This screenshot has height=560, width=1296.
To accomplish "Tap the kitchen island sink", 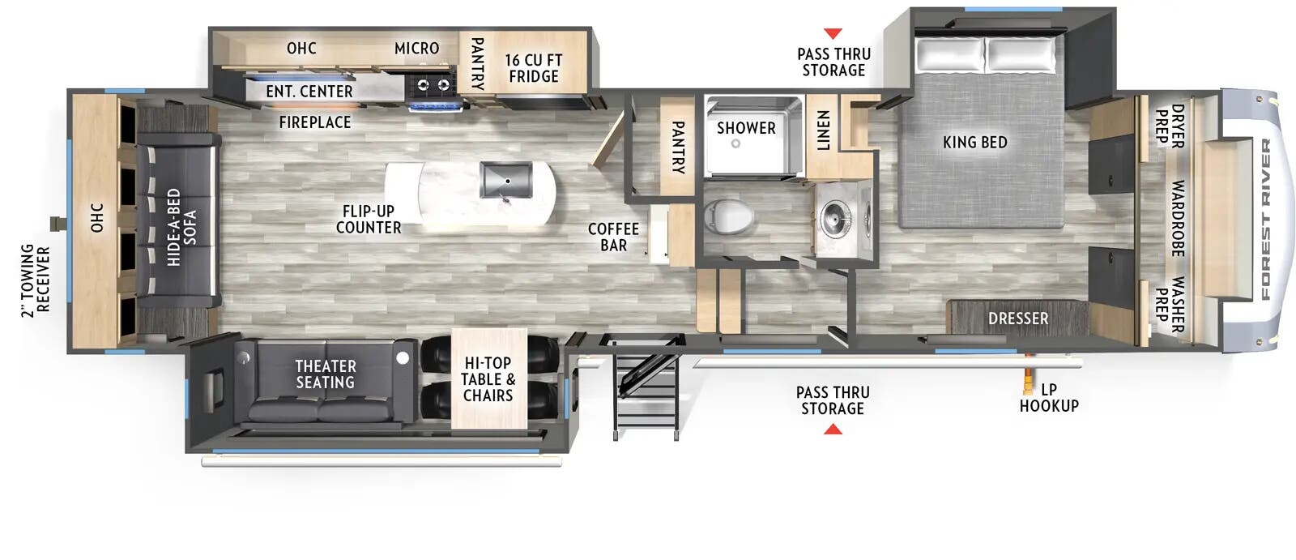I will pyautogui.click(x=505, y=179).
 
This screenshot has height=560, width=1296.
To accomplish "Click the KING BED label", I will pyautogui.click(x=974, y=143).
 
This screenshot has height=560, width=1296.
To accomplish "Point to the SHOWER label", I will pyautogui.click(x=746, y=128).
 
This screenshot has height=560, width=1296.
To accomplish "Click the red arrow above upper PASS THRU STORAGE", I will pyautogui.click(x=833, y=34).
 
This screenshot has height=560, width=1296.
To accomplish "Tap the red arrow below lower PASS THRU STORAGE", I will pyautogui.click(x=833, y=429).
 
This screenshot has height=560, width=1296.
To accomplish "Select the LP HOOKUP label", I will pyautogui.click(x=1049, y=397).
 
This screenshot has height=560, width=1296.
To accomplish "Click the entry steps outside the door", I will pyautogui.click(x=646, y=389).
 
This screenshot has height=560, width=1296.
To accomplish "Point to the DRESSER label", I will pyautogui.click(x=1017, y=318).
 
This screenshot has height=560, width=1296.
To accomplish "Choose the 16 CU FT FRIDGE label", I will pyautogui.click(x=533, y=68).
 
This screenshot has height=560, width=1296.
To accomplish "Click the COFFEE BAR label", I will pyautogui.click(x=613, y=237).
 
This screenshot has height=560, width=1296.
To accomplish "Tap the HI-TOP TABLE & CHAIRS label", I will pyautogui.click(x=488, y=379).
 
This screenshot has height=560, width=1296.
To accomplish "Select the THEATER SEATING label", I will pyautogui.click(x=325, y=374).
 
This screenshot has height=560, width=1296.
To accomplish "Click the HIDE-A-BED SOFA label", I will pyautogui.click(x=181, y=228).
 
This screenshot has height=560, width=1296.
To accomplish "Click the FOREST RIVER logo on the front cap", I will pyautogui.click(x=1265, y=219).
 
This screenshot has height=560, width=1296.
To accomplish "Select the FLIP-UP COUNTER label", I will pyautogui.click(x=369, y=220).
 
